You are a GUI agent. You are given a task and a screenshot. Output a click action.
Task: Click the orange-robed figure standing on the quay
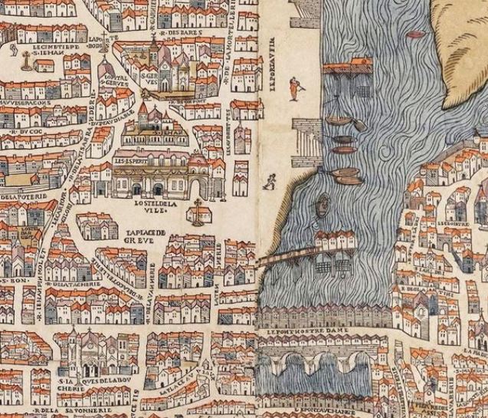tap(293, 89)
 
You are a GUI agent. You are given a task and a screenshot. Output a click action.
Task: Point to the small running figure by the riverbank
tap(270, 182)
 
